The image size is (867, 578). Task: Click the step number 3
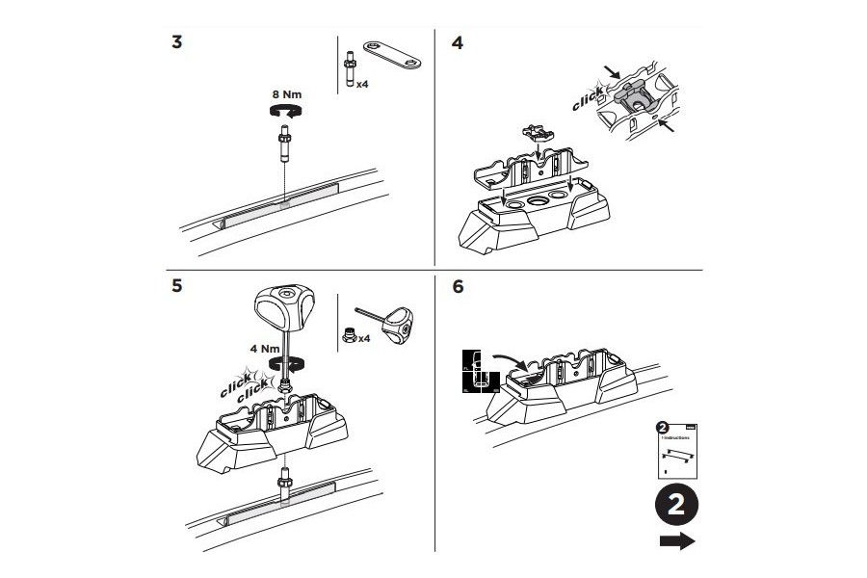pos(175,45)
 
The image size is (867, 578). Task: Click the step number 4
pos(457,45)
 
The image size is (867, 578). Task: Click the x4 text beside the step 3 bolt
pos(362,85)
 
